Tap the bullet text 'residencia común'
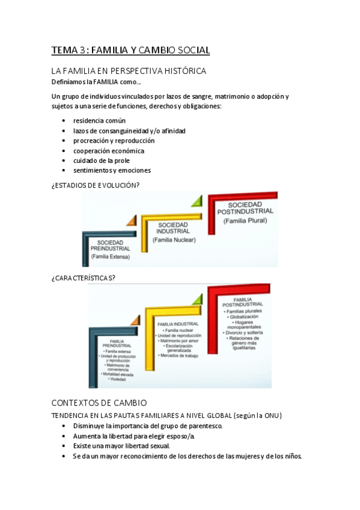99,120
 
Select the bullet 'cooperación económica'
108,151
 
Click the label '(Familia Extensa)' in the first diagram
110,256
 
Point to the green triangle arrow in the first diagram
196,201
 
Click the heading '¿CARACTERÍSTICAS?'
84,277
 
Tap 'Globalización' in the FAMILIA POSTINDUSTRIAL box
243,316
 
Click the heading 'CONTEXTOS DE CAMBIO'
99,403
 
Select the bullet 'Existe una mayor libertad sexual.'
121,446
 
